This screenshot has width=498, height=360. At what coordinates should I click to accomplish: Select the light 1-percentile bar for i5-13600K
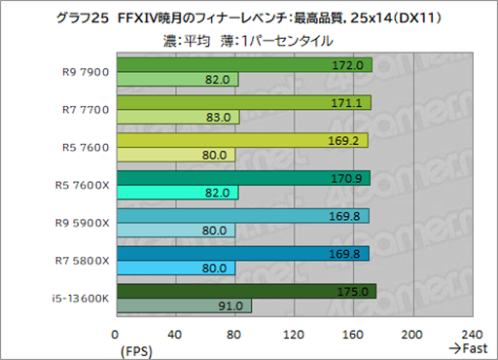click(184, 306)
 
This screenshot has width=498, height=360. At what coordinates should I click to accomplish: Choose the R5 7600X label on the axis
click(85, 186)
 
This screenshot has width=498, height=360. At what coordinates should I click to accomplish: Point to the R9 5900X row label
click(85, 224)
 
